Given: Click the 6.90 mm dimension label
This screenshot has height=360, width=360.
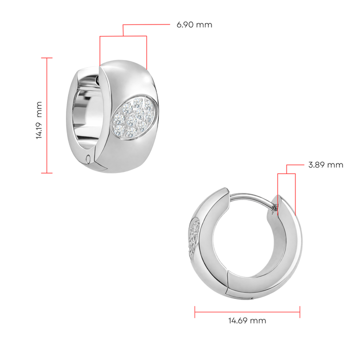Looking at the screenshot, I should (x=194, y=24).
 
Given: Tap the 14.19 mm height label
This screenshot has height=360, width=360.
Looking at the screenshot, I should (x=39, y=120).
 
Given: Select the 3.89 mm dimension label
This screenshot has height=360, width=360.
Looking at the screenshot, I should (x=325, y=164).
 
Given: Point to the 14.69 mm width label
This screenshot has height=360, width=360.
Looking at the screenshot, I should (x=247, y=320).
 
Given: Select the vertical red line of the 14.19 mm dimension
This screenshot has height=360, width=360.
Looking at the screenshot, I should (x=47, y=115).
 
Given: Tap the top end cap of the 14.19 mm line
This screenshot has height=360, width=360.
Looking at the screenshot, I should (x=47, y=58).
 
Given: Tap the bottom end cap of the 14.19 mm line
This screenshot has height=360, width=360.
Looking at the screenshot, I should (x=47, y=173).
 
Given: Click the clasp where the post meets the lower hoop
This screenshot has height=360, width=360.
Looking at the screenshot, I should (x=274, y=206).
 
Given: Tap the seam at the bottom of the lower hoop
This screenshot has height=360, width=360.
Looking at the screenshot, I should (x=229, y=285).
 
